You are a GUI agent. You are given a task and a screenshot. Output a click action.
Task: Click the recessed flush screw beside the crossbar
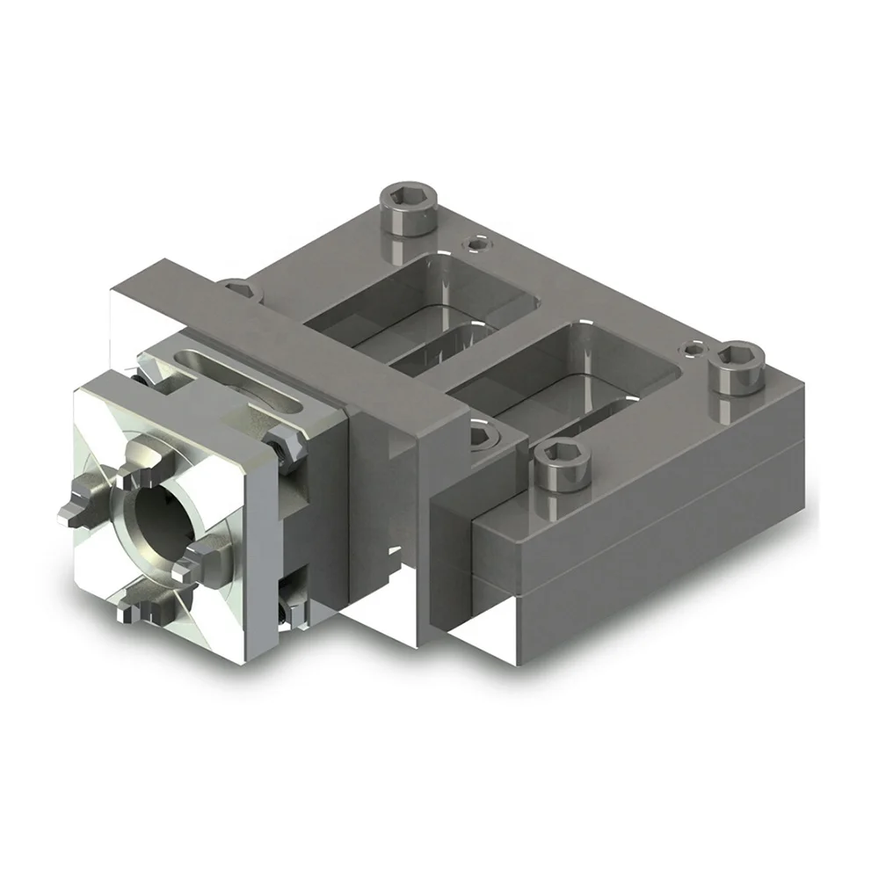[481, 433]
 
